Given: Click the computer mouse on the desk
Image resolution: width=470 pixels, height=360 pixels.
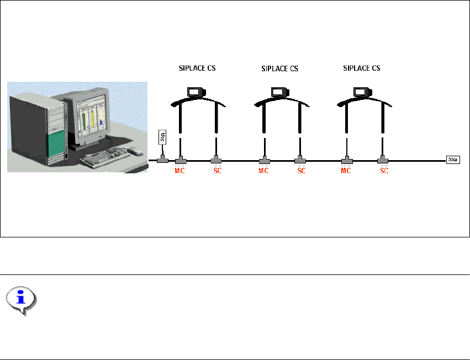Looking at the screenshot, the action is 134,151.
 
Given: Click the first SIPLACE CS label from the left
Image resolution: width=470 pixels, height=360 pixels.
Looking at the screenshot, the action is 197,69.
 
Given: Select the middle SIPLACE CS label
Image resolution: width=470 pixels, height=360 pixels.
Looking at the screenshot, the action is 279,69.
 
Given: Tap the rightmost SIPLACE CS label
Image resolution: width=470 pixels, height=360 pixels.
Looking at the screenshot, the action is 362,68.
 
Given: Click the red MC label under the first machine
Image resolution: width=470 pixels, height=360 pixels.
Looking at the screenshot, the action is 179,171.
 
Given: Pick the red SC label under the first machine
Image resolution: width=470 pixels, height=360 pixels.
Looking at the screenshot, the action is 218,171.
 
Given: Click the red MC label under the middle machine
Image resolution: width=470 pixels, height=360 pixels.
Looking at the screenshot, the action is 263,171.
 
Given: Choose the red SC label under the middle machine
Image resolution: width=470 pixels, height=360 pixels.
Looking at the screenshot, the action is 302,171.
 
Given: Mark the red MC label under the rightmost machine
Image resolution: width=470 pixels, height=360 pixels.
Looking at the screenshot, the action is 346,171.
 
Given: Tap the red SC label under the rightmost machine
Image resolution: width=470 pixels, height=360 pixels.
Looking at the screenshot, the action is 384,171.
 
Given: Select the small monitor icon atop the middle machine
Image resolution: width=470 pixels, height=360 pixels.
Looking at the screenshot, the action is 278,92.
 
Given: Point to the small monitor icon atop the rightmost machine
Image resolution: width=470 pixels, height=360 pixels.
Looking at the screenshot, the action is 361,92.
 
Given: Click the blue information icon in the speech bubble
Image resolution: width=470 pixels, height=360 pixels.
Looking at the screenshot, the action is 22,298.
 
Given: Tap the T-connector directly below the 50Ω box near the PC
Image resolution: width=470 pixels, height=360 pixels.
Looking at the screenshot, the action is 162,160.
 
